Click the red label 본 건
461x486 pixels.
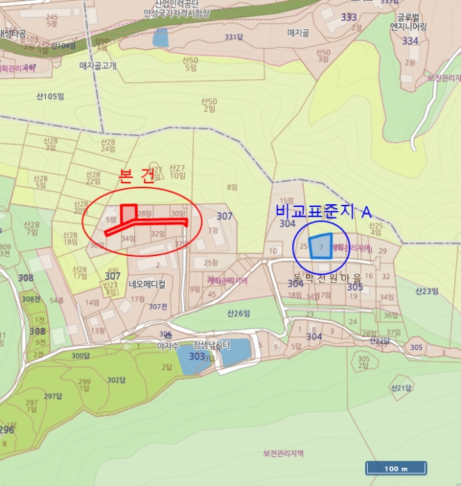point(137,176)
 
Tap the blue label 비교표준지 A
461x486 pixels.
point(323,212)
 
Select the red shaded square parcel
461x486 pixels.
point(129,211)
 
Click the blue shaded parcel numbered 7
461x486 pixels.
point(321,246)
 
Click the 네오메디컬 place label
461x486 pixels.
point(147,284)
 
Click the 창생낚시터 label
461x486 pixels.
point(211,344)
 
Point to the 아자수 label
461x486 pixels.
point(169,345)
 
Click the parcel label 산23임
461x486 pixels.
point(428,291)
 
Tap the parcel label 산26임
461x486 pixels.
point(238,313)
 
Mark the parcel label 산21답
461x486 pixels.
point(401,387)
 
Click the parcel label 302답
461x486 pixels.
point(116,380)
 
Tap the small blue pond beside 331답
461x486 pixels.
point(161,38)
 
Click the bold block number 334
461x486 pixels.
point(410,41)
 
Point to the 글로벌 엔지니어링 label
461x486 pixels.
point(408,23)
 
